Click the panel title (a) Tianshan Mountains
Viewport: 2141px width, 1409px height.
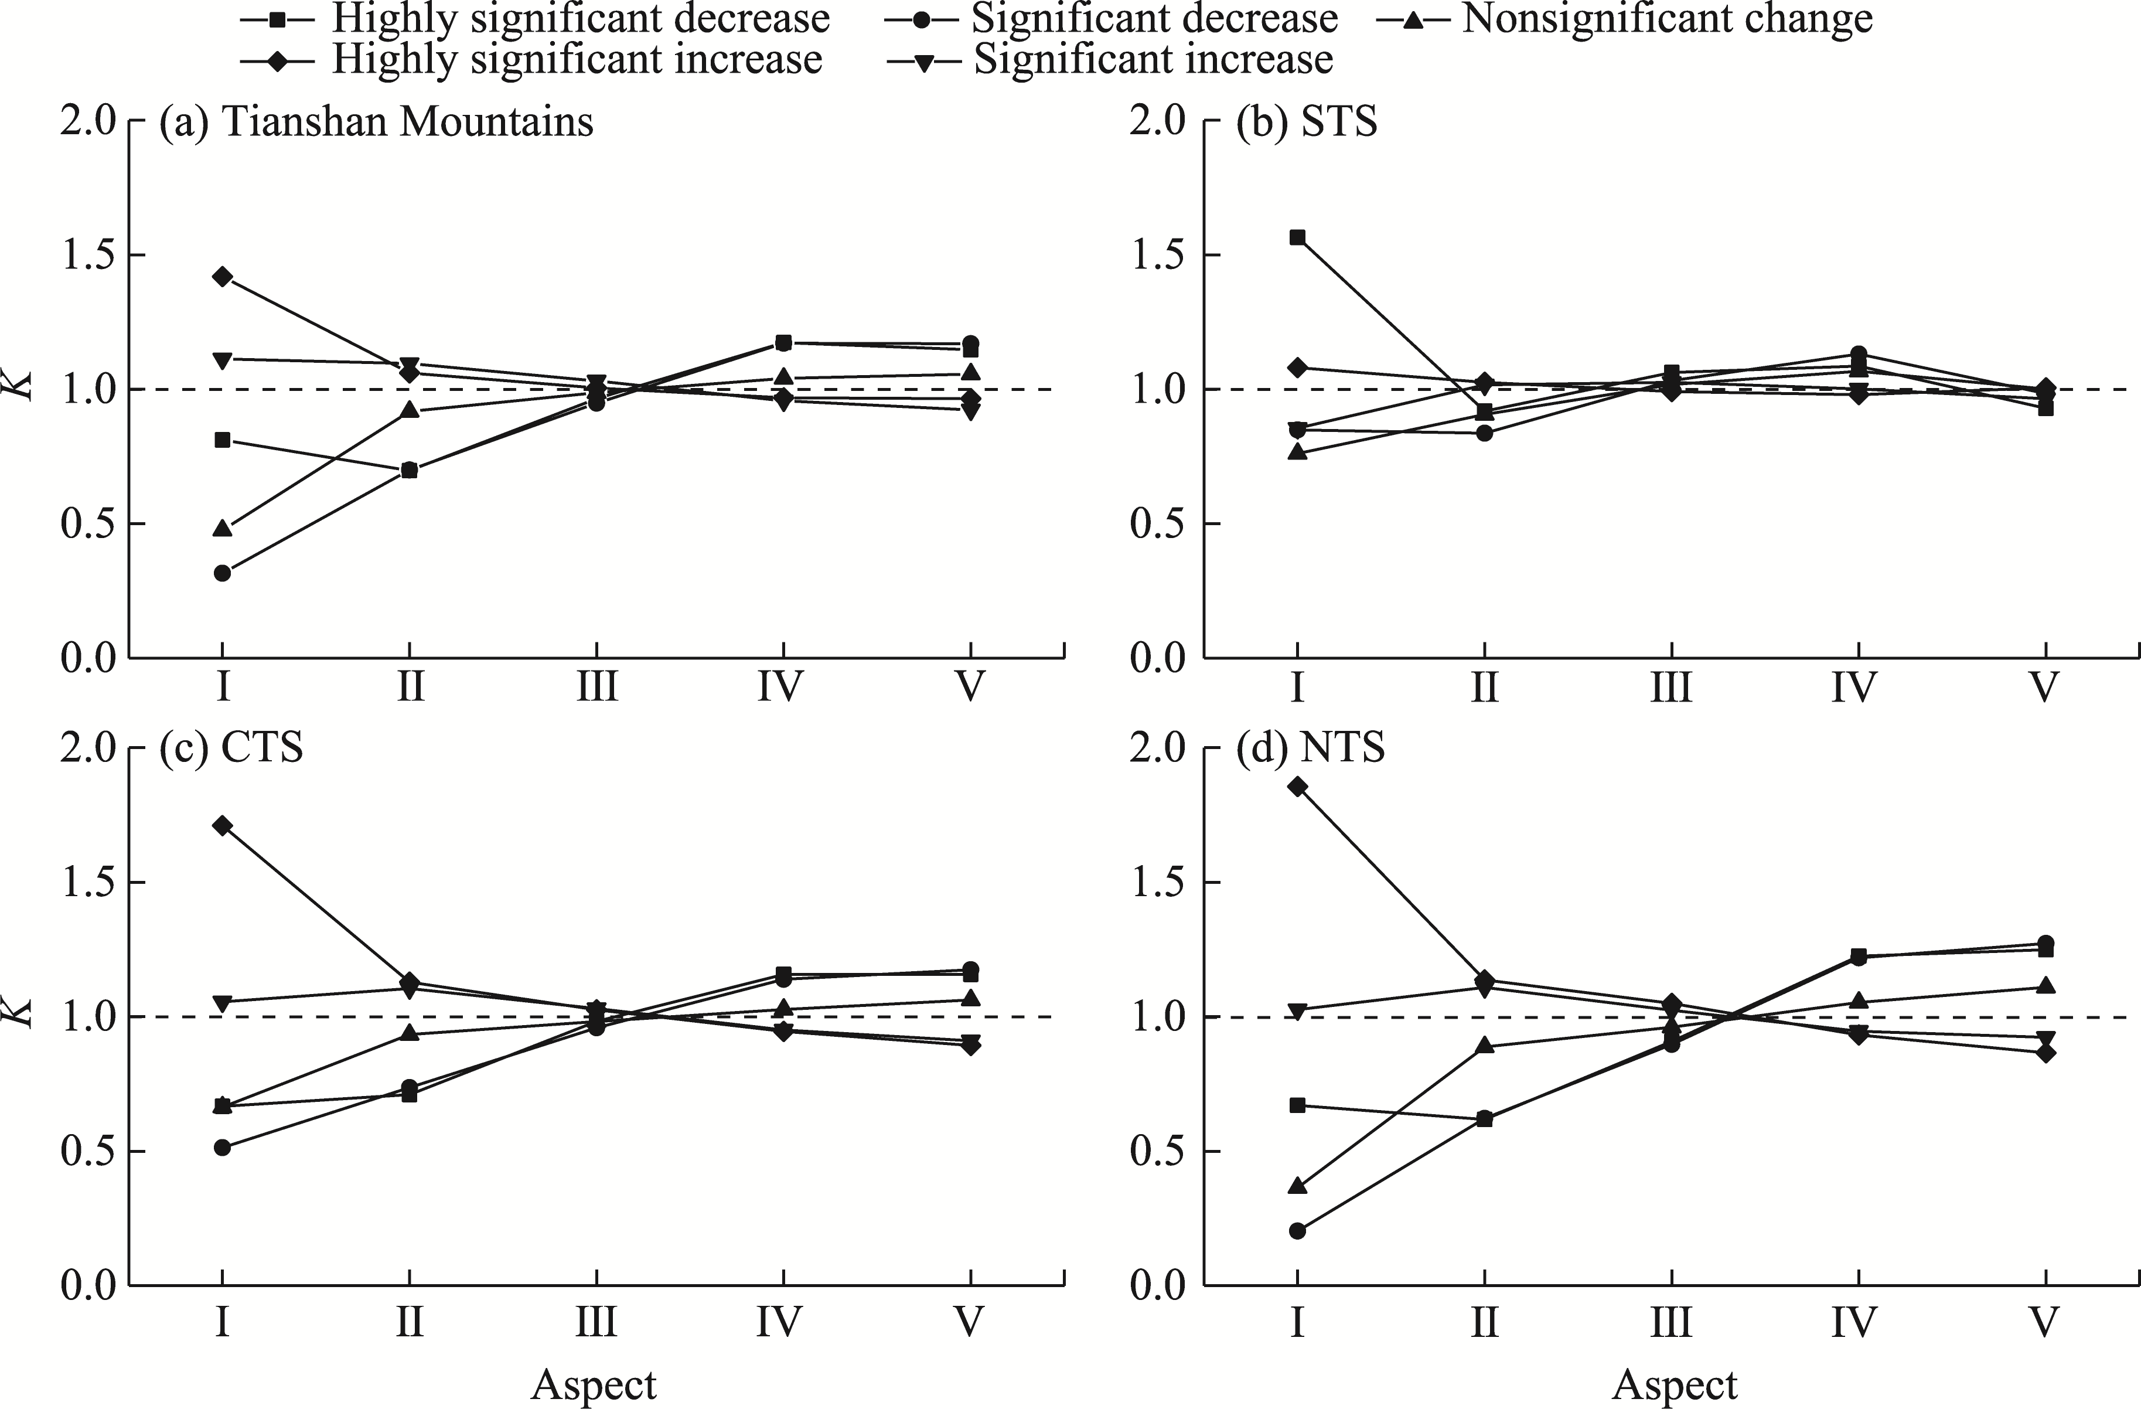tap(376, 121)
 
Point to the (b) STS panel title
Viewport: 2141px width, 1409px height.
tap(1306, 121)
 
